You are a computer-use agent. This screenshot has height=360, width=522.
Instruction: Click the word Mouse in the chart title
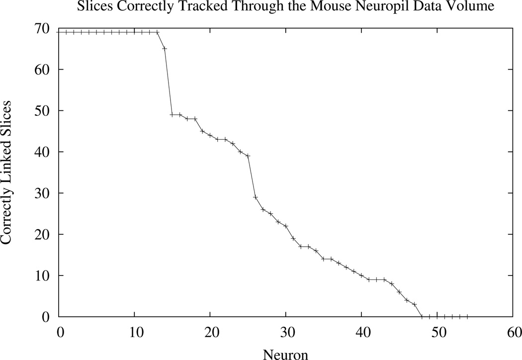pyautogui.click(x=330, y=7)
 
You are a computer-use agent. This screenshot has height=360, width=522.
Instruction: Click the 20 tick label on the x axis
pyautogui.click(x=210, y=332)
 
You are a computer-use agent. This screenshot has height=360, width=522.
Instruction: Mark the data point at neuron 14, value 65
pyautogui.click(x=165, y=48)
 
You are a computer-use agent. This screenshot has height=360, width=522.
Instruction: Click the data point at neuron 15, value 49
pyautogui.click(x=172, y=114)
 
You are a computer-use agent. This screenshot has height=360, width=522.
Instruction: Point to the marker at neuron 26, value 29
pyautogui.click(x=256, y=197)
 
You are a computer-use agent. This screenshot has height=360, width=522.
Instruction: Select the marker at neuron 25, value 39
pyautogui.click(x=248, y=156)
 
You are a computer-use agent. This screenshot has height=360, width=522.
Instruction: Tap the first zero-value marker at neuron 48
pyautogui.click(x=422, y=316)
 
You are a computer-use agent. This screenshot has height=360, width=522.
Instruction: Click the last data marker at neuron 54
pyautogui.click(x=467, y=316)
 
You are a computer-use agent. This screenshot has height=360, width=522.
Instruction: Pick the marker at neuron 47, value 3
pyautogui.click(x=415, y=304)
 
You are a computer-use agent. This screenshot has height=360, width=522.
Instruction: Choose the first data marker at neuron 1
pyautogui.click(x=66, y=32)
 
